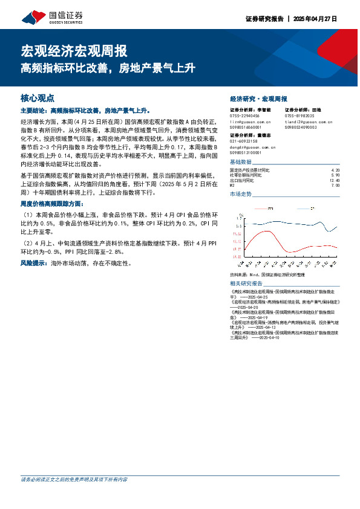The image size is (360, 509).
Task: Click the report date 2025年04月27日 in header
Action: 315,19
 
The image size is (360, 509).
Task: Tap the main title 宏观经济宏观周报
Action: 74,51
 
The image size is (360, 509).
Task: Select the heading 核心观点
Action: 38,97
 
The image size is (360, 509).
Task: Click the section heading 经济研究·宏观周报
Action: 258,99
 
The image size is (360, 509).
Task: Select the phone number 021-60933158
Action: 244,141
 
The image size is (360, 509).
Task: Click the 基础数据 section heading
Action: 240,163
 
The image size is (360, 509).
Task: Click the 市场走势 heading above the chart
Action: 240,195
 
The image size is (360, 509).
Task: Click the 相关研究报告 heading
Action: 246,283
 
